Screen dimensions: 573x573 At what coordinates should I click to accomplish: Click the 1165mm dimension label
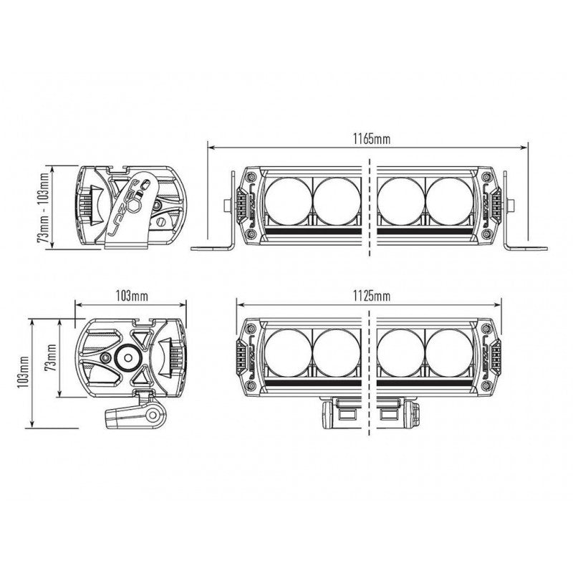pyautogui.click(x=371, y=139)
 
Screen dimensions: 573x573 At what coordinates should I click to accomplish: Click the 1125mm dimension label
pyautogui.click(x=371, y=296)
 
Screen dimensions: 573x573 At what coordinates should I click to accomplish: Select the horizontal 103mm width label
pyautogui.click(x=132, y=296)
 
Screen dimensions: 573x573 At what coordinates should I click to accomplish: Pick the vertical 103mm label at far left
pyautogui.click(x=23, y=372)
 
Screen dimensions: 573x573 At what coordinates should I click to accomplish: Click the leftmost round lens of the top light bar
pyautogui.click(x=289, y=202)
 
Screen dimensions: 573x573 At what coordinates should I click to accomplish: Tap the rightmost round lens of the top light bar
pyautogui.click(x=450, y=202)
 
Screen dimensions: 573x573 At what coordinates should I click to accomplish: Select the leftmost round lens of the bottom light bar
pyautogui.click(x=289, y=352)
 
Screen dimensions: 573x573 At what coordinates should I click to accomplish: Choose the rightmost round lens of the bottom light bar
pyautogui.click(x=450, y=352)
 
